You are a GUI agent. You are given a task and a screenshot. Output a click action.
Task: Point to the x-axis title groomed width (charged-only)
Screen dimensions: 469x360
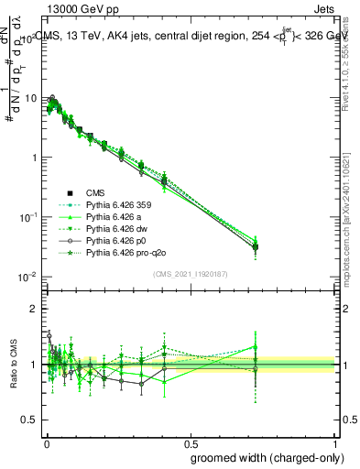coord(262,456)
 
